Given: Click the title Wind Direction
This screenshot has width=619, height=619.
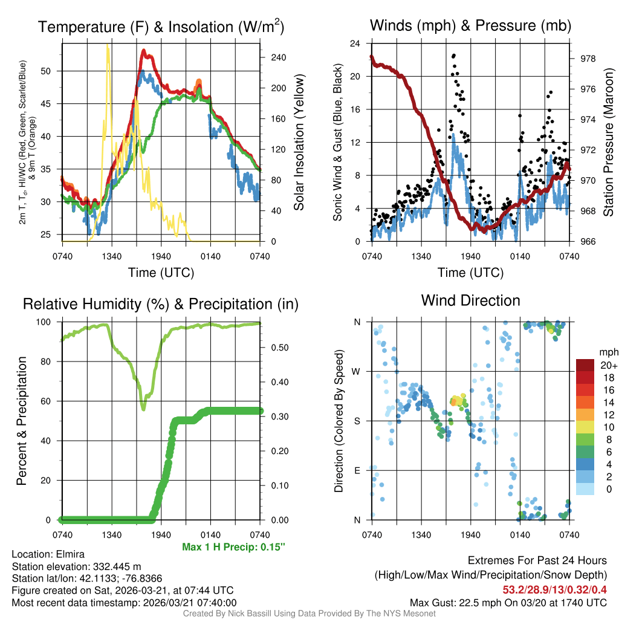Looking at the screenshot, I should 470,300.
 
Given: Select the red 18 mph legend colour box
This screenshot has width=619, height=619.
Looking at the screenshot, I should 585,378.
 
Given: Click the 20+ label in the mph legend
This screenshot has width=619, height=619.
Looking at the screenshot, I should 608,366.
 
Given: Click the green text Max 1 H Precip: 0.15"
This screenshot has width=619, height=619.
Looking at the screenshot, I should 233,547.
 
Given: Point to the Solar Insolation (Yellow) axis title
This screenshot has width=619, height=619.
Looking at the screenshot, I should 299,143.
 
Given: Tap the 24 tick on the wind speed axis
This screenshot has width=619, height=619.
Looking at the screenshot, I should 356,44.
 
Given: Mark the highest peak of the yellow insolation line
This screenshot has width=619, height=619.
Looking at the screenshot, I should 108,45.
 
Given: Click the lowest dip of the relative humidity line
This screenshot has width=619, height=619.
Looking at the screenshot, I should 143,409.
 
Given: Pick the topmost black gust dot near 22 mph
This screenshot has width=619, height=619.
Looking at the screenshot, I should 454,55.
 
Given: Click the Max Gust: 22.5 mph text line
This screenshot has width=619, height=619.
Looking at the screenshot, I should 508,602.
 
